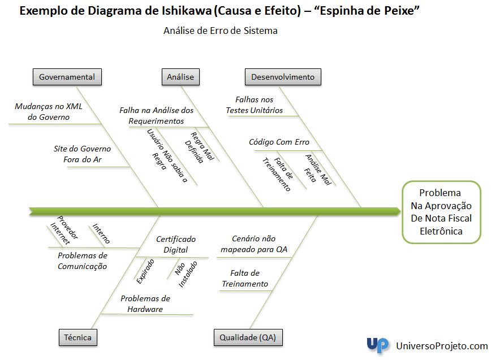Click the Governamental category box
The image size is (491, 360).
67,77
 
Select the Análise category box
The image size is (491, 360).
180,77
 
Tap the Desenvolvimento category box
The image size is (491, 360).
283,77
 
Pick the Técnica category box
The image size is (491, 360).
77,337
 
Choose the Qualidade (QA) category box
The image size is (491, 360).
248,337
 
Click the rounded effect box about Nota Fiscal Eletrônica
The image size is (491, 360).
441,212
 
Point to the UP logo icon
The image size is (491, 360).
378,345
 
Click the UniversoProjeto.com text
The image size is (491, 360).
442,346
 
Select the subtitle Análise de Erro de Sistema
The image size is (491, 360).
221,31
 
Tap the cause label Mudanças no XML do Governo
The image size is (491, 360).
49,112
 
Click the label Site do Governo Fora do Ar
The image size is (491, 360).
82,154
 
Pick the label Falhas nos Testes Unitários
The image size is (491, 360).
255,105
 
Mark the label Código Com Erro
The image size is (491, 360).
279,142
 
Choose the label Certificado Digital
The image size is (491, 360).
176,244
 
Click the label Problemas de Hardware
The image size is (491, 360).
145,303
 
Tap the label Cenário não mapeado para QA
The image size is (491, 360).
254,244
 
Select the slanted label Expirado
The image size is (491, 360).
145,271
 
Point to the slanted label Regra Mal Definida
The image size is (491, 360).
199,148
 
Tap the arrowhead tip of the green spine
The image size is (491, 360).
400,212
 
